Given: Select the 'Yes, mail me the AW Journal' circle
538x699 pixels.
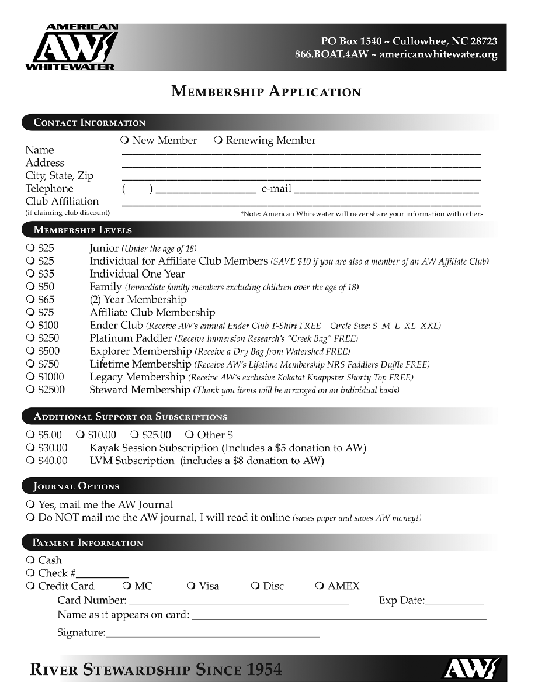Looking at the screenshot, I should pyautogui.click(x=30, y=504).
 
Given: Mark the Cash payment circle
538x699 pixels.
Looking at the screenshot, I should pyautogui.click(x=30, y=560).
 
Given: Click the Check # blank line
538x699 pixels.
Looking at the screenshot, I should pyautogui.click(x=103, y=575).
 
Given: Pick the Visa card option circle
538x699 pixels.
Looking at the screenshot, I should pyautogui.click(x=191, y=586).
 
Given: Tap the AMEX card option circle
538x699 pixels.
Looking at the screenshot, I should pyautogui.click(x=319, y=586).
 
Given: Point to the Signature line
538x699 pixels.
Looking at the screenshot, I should pyautogui.click(x=213, y=634).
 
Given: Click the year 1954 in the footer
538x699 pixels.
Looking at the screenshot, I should pyautogui.click(x=262, y=669).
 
